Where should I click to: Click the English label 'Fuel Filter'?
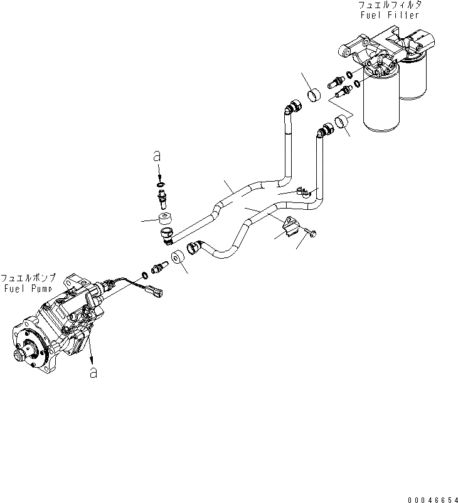[x=388, y=14]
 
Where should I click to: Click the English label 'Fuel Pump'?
[x=29, y=288]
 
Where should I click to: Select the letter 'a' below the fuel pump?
[x=93, y=372]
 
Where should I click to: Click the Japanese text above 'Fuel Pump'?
[x=29, y=277]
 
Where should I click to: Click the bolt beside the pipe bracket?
[x=312, y=233]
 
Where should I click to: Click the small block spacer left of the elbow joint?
[x=166, y=218]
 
